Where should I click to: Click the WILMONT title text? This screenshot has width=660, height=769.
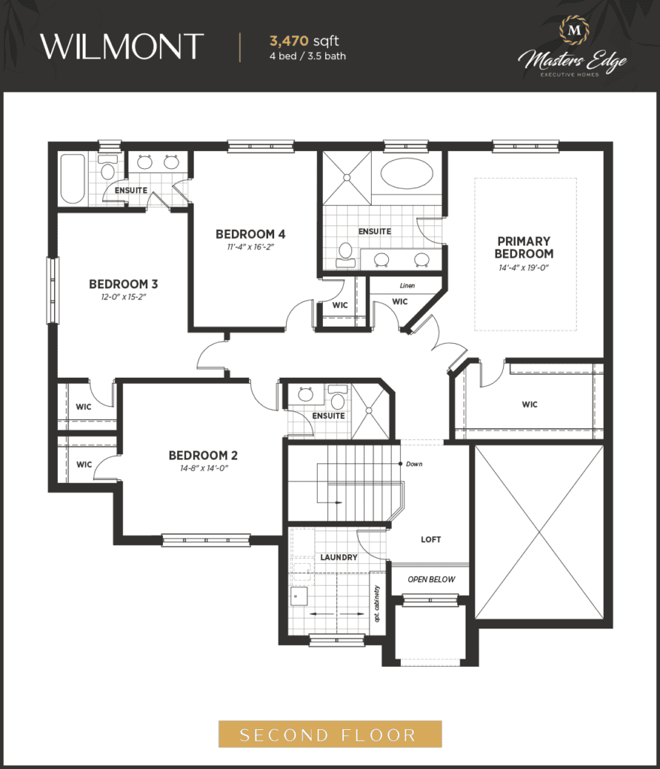[x=122, y=47]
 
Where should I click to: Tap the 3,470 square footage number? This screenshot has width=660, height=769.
[x=289, y=41]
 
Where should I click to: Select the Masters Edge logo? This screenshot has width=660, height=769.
[x=573, y=47]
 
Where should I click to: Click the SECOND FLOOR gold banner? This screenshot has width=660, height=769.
[x=330, y=734]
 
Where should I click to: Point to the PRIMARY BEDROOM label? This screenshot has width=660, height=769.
[x=523, y=248]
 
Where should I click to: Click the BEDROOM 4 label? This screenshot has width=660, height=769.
[x=250, y=234]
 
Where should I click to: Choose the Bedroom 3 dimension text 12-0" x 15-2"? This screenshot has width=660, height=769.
[x=124, y=297]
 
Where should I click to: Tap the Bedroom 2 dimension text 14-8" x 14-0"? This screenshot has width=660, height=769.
[x=204, y=469]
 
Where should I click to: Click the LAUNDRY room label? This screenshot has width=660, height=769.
[x=339, y=558]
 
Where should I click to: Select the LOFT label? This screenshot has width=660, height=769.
[x=431, y=539]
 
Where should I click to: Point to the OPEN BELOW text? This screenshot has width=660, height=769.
[x=432, y=579]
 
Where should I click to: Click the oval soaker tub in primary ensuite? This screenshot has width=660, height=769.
[x=407, y=173]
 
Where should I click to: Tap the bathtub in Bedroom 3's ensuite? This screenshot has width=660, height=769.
[x=73, y=179]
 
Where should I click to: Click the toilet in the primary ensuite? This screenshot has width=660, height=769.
[x=345, y=255]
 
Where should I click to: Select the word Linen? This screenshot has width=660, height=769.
[x=407, y=285]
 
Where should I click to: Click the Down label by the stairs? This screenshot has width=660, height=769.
[x=414, y=464]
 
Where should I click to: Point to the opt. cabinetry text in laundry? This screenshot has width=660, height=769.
[x=377, y=604]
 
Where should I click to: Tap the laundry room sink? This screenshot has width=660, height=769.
[x=299, y=597]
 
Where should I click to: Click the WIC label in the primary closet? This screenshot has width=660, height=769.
[x=529, y=405]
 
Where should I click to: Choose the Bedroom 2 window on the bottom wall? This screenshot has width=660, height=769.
[x=206, y=540]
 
